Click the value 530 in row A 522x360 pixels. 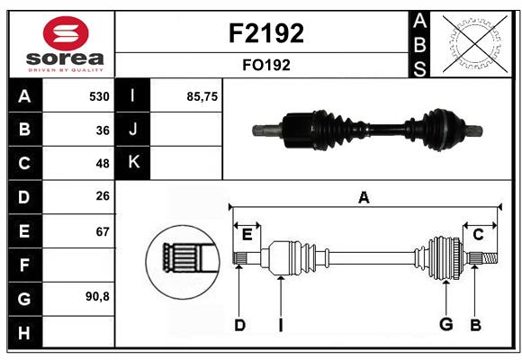click(x=99, y=96)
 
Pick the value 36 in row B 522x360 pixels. click(x=103, y=130)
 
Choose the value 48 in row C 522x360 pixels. click(x=103, y=164)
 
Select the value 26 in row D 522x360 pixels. click(x=103, y=197)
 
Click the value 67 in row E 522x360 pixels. click(x=103, y=231)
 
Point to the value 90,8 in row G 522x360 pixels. click(x=97, y=296)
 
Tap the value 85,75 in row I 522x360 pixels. click(x=202, y=96)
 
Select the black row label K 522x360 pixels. click(x=134, y=163)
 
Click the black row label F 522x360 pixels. click(x=24, y=265)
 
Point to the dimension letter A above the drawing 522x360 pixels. click(x=364, y=197)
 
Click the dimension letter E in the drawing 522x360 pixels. click(x=247, y=234)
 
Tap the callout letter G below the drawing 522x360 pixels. click(x=445, y=325)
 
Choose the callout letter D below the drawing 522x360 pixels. click(x=239, y=325)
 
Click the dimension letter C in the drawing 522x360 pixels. click(x=479, y=234)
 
